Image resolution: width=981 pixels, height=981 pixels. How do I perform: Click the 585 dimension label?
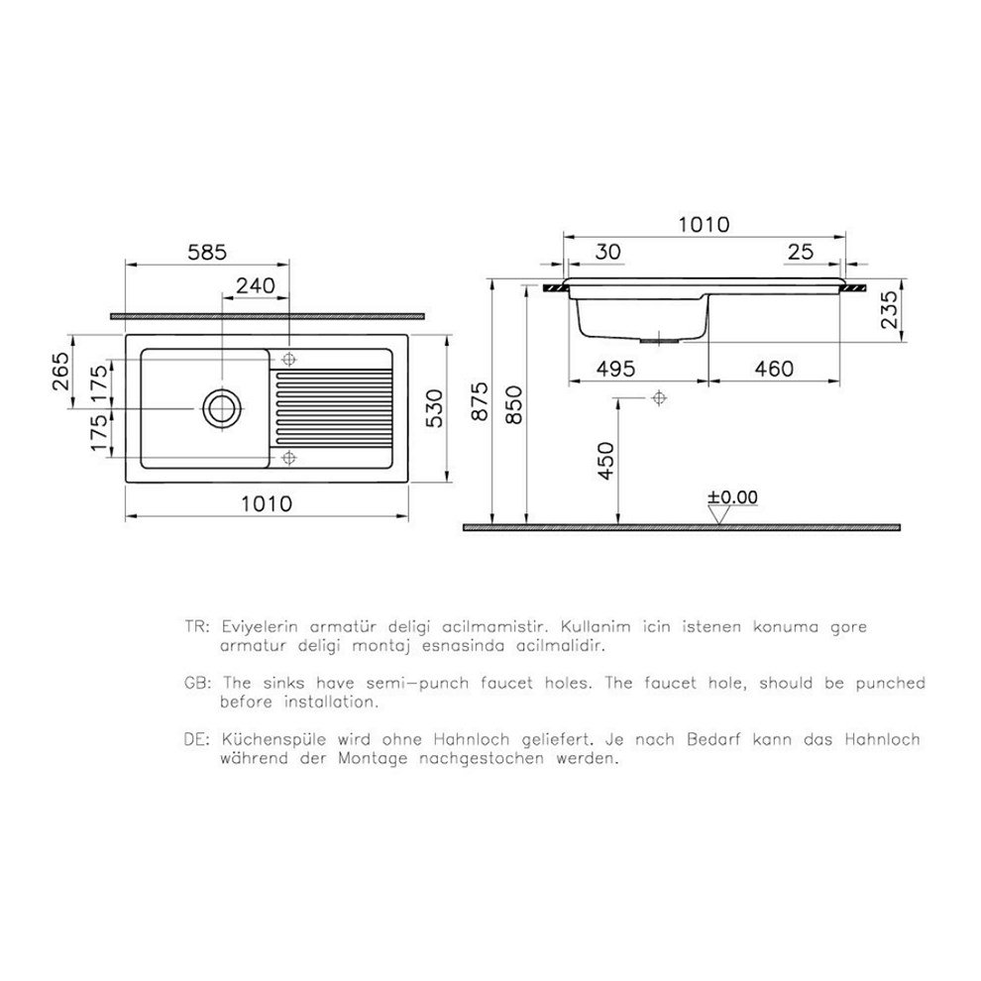pos(206,252)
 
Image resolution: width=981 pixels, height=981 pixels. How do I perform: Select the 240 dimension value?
pos(256,285)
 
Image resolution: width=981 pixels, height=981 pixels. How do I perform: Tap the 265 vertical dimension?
pos(62,372)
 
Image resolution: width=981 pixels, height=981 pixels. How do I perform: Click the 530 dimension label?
pos(427,407)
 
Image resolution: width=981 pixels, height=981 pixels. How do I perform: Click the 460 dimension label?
pos(773,369)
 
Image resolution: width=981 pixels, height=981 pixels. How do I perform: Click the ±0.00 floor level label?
pos(732,496)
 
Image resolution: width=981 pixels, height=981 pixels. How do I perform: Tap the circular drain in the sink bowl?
pos(220,407)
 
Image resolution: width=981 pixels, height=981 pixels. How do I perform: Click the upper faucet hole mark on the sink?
pos(288,358)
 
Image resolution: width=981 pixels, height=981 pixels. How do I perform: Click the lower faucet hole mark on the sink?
pos(288,456)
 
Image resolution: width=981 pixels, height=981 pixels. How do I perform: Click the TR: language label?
pos(196,627)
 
